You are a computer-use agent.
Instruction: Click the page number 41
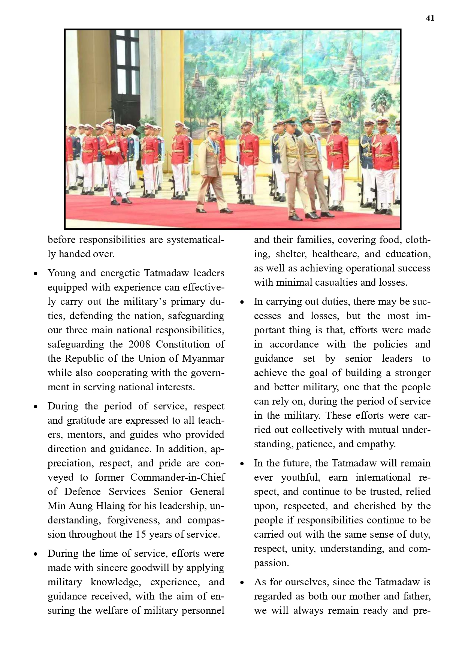pyautogui.click(x=430, y=18)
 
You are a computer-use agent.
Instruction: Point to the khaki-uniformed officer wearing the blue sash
pyautogui.click(x=212, y=165)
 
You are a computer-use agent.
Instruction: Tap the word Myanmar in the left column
pyautogui.click(x=203, y=358)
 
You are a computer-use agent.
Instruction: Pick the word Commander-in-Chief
pyautogui.click(x=178, y=477)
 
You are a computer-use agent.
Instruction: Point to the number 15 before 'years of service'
pyautogui.click(x=141, y=534)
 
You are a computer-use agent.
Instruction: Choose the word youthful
pyautogui.click(x=299, y=477)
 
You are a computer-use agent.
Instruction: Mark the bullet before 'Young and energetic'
pyautogui.click(x=36, y=274)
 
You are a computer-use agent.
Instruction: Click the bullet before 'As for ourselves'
pyautogui.click(x=242, y=583)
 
